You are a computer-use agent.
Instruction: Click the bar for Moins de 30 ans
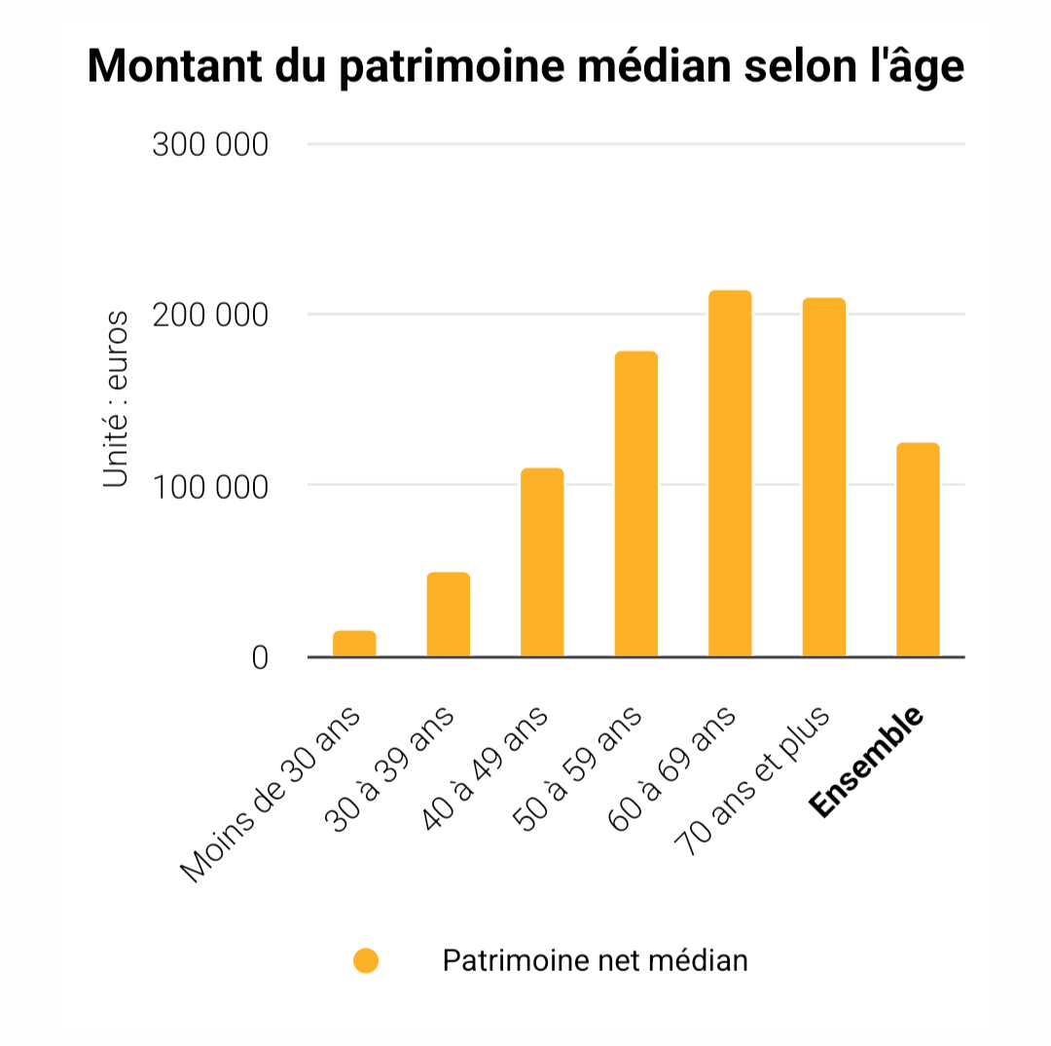[x=354, y=644]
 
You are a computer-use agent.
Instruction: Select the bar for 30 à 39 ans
[x=449, y=615]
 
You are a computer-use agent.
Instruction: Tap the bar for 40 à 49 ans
[x=542, y=563]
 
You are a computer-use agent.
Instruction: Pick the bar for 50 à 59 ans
[x=636, y=504]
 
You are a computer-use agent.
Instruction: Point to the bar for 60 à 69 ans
[x=730, y=473]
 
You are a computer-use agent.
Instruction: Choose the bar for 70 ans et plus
[x=824, y=477]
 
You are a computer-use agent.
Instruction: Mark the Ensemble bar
[x=918, y=549]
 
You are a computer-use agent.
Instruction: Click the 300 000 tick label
[x=210, y=145]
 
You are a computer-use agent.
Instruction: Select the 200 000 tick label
[x=210, y=316]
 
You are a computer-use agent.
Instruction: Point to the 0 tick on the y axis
[x=259, y=658]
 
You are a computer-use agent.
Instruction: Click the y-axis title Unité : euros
[x=116, y=399]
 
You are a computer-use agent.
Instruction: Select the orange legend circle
[x=366, y=961]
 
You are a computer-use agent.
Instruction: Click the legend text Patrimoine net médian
[x=595, y=961]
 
